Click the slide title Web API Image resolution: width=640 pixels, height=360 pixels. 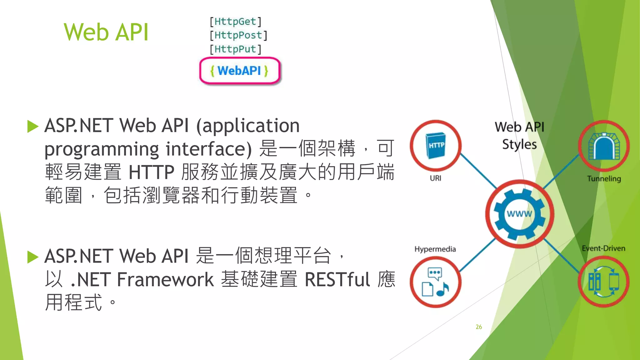106,32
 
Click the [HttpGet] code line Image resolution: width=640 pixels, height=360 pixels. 235,22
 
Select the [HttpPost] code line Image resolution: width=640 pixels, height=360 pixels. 238,35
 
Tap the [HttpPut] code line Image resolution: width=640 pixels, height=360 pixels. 235,49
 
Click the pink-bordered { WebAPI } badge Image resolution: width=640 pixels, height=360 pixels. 240,71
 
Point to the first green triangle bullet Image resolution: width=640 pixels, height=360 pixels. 32,126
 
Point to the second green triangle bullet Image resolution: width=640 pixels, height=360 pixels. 32,257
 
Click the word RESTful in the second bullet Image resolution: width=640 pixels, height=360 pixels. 337,279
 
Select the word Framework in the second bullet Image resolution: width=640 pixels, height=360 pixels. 165,279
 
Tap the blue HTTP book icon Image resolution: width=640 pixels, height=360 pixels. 436,145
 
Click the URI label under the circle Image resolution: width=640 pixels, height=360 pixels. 435,178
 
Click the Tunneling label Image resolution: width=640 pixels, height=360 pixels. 604,179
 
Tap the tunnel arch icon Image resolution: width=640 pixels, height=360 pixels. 604,146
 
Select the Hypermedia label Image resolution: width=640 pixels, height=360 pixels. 435,249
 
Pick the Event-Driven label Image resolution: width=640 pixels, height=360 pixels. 603,248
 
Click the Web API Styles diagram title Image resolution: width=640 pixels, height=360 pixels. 519,136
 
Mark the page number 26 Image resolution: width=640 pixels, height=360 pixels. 479,327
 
